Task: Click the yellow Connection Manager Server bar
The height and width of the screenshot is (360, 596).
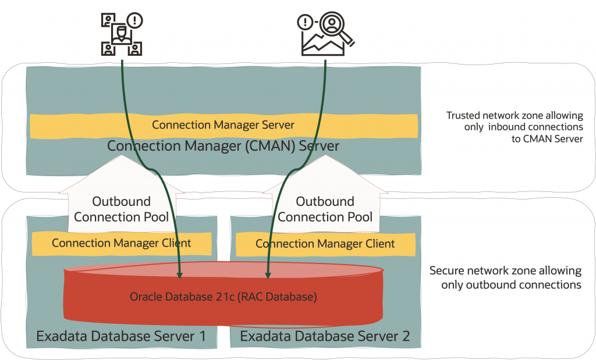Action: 223,125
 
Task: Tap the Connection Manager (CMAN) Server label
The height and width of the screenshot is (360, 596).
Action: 223,145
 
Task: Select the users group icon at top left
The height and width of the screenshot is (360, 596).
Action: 121,36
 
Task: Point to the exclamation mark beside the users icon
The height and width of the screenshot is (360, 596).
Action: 135,21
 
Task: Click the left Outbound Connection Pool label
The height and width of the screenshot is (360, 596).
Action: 121,209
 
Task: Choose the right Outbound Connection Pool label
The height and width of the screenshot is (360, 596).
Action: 325,209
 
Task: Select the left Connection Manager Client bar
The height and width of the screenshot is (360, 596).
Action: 121,243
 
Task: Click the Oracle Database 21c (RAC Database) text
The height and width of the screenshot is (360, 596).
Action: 223,297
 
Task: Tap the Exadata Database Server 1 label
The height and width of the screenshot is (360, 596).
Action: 121,336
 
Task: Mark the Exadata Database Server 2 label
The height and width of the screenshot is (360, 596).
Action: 325,336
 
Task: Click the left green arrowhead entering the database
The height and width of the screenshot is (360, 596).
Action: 180,272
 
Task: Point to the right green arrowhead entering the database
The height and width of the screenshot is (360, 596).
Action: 268,272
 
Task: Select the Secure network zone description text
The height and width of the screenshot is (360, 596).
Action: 505,278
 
